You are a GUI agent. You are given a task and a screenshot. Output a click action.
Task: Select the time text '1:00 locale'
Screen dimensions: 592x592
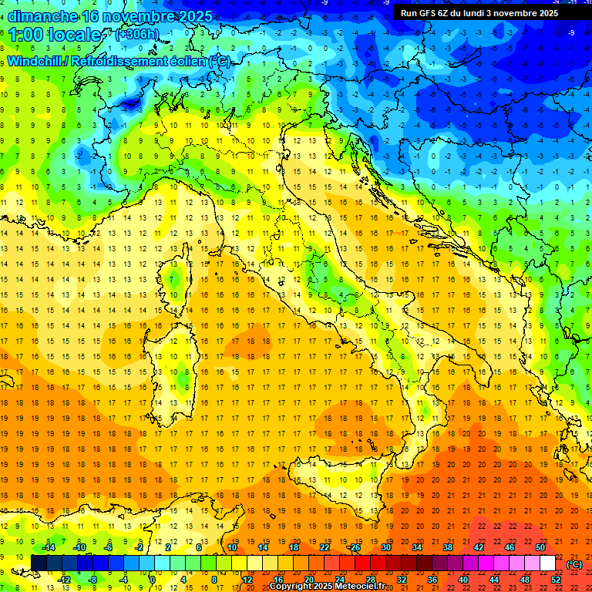[55, 35]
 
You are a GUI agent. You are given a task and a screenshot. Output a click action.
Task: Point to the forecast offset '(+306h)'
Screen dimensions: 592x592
[137, 35]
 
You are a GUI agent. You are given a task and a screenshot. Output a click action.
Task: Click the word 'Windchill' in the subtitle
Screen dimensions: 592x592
[35, 61]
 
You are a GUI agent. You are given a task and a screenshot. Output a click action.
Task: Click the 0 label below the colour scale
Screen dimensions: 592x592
[153, 580]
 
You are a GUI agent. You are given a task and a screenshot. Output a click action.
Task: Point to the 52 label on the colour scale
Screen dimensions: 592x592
[555, 580]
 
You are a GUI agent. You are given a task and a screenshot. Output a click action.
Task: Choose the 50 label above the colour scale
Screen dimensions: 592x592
[540, 547]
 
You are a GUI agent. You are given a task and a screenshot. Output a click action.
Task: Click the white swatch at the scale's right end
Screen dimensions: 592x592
[547, 563]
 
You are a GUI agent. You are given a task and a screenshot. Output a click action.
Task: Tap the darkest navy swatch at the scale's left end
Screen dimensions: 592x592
[39, 563]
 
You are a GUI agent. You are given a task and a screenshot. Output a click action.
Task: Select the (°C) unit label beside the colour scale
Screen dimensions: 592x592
[574, 564]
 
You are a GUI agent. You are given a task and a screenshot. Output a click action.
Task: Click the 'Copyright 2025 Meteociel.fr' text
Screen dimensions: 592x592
[327, 587]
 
